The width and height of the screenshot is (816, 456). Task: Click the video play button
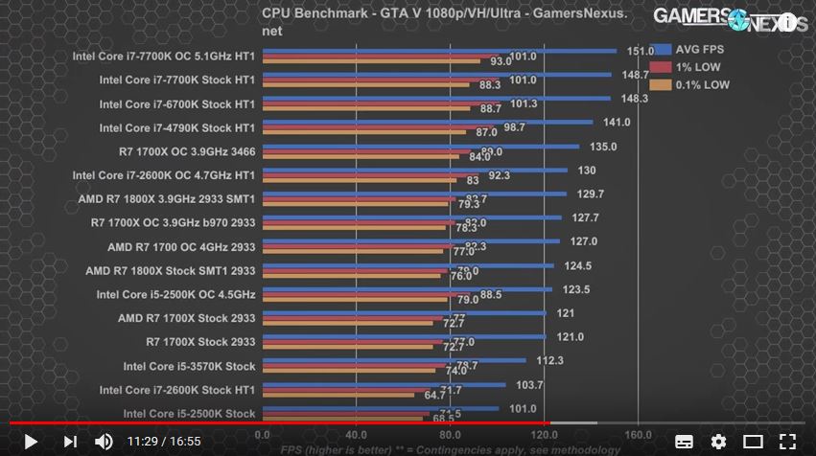30,442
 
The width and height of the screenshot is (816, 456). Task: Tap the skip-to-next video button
69,442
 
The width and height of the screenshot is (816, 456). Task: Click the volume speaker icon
104,442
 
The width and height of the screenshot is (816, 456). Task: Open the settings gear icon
718,442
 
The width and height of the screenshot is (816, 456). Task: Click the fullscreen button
787,442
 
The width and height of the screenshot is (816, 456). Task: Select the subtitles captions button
684,442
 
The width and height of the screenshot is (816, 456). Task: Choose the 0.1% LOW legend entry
688,84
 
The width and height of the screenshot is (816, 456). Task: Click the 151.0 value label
640,51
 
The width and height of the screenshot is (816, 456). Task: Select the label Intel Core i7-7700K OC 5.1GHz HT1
163,56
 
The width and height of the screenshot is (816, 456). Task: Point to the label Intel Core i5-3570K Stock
189,366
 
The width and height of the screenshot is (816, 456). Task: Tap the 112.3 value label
548,361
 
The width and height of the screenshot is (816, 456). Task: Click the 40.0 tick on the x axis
356,432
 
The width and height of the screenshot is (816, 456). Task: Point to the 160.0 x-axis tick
637,432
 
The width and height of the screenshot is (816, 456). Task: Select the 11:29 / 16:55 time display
164,442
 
